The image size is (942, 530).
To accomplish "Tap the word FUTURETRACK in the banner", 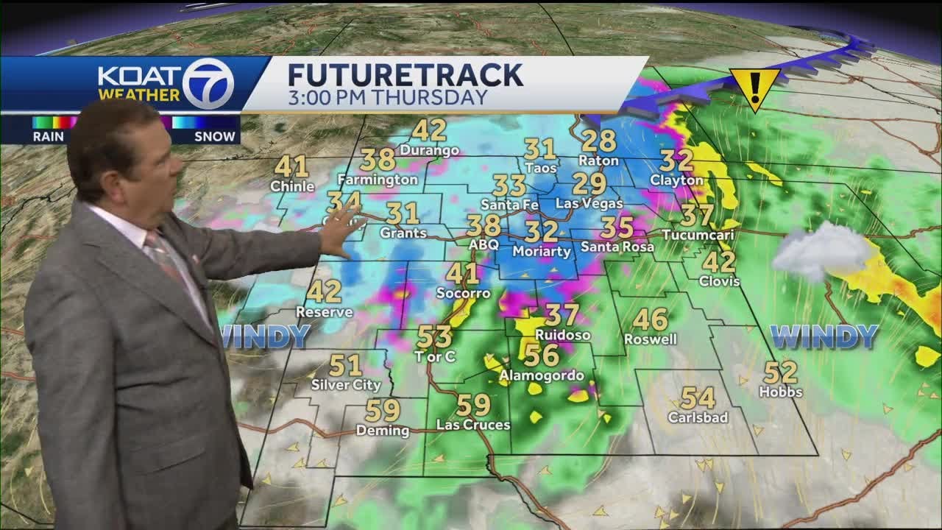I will pos(405,75).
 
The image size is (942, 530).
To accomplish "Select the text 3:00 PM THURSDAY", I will pos(387,98).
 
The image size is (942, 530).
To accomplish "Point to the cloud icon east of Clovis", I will pos(822,251).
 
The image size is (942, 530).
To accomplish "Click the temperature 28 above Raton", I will pos(598,140).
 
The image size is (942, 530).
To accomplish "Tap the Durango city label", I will pos(430,150).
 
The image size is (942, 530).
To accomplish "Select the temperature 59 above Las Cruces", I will pos(473,405).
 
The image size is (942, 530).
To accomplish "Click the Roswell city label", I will pos(650,339).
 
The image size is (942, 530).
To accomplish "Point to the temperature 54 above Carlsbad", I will pos(697,398).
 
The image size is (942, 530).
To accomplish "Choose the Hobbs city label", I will pos(781,392).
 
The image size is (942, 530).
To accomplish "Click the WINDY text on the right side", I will pos(824,337).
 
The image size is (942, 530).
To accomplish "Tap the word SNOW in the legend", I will pos(215,136).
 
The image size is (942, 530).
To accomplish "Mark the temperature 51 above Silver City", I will pos(345,365).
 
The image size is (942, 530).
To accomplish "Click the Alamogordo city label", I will pos(542,376).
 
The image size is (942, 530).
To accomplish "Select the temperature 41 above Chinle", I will pos(291,166).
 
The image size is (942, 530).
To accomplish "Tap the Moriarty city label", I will pos(542,251).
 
